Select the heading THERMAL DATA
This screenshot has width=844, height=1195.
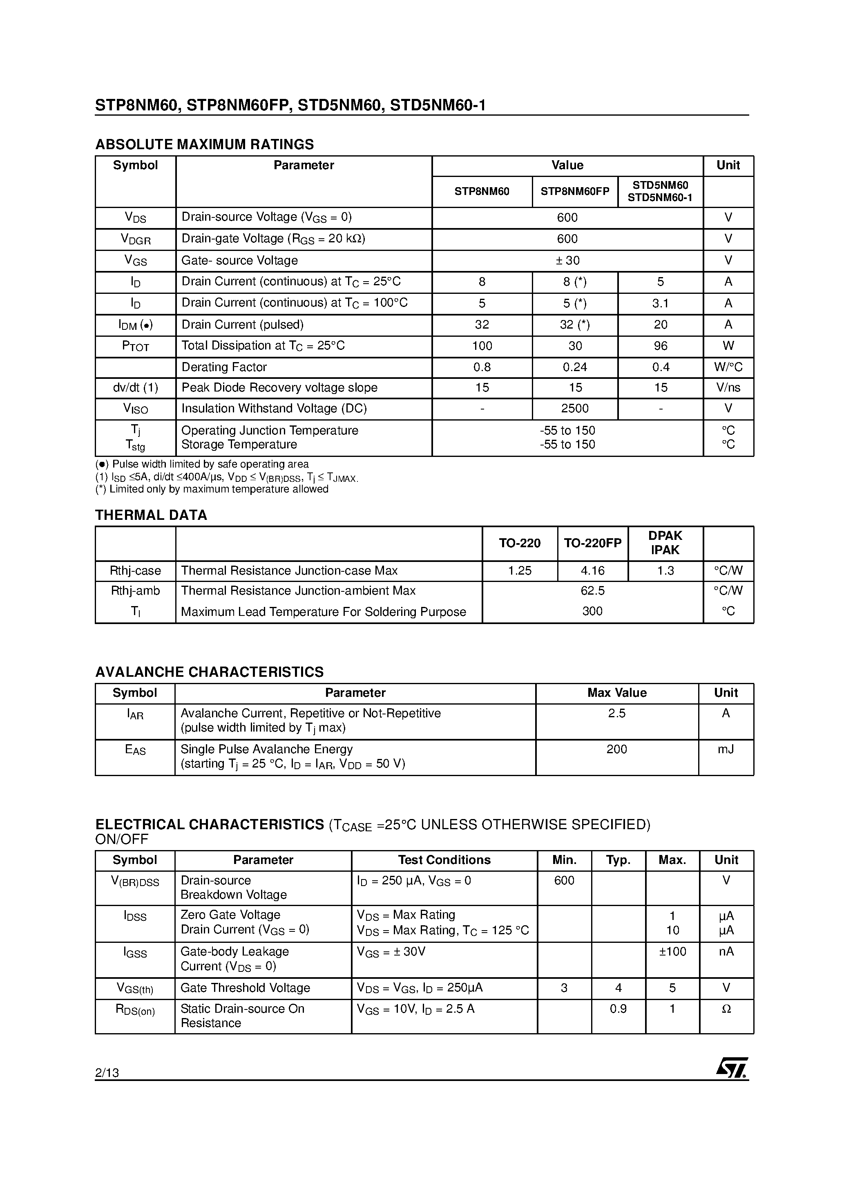point(151,515)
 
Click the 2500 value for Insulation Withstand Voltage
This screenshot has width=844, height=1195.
point(574,409)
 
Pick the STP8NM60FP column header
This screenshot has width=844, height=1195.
point(574,192)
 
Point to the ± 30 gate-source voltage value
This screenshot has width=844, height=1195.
point(567,260)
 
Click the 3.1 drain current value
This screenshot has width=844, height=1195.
point(660,303)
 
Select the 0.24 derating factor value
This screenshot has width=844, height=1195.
point(574,367)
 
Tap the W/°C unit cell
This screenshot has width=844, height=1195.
point(728,367)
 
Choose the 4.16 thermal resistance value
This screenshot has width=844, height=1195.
point(592,571)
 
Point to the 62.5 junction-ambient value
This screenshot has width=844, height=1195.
point(592,591)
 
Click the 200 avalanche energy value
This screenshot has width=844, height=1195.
point(616,749)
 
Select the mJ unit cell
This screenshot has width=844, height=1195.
point(726,749)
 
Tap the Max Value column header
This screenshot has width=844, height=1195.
point(616,693)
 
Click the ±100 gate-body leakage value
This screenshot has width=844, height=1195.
point(672,951)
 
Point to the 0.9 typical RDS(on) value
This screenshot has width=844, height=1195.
point(618,1009)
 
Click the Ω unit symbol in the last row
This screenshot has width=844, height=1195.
point(726,1009)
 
